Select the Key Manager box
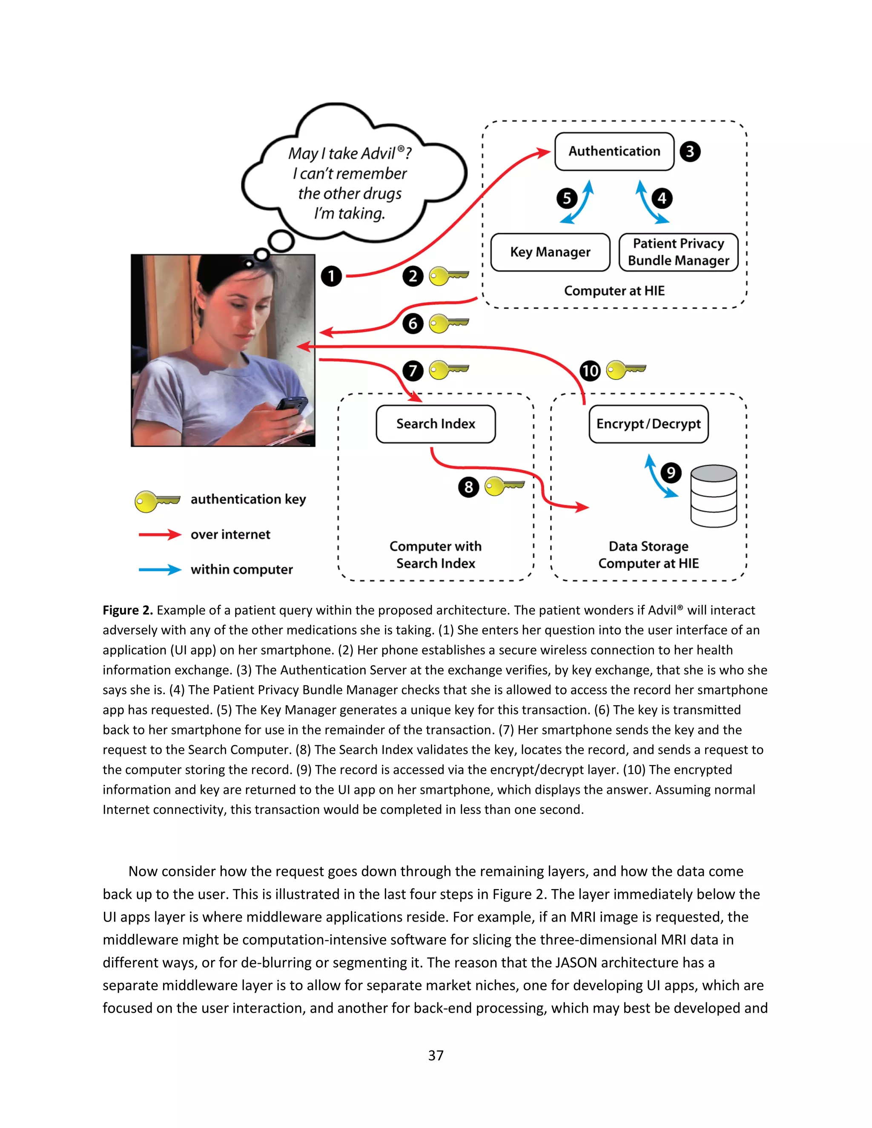pos(550,252)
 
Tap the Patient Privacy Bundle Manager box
pos(678,252)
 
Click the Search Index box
pos(436,424)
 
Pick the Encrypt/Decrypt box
pos(648,424)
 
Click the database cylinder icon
pos(714,496)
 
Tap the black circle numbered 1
pos(331,276)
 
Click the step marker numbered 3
pos(690,152)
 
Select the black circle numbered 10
pos(589,371)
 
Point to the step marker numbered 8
pos(468,487)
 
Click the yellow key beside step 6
pos(448,324)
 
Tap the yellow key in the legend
pos(157,501)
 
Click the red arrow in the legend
pos(160,535)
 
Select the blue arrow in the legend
pos(160,570)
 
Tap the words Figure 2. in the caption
pos(127,610)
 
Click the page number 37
pos(436,1055)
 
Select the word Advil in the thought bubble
pos(379,153)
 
